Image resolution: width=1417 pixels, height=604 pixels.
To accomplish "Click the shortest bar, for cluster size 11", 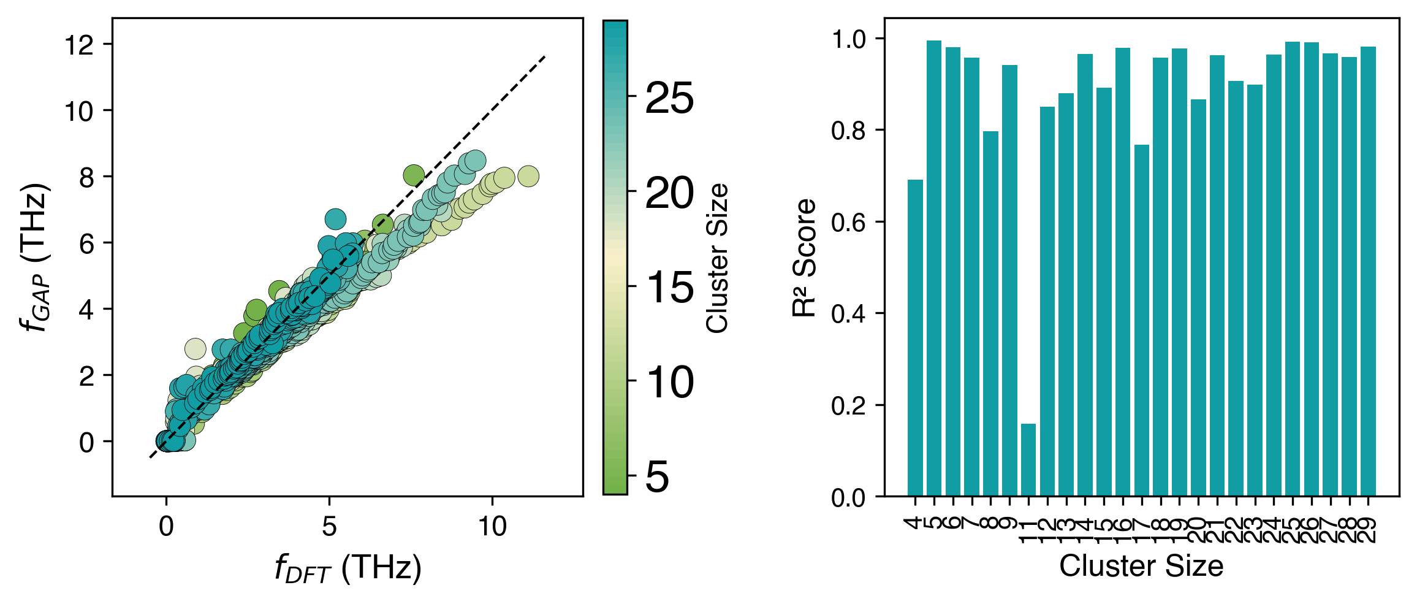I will point(1028,459).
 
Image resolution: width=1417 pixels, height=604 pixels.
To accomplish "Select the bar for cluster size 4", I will point(915,337).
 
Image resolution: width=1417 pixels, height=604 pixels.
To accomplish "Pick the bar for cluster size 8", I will point(990,313).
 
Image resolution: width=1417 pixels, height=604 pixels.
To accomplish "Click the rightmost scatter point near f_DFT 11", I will point(528,177).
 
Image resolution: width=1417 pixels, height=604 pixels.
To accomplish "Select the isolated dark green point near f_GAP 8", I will point(414,175).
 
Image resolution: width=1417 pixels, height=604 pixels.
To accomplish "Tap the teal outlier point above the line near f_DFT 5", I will point(335,218).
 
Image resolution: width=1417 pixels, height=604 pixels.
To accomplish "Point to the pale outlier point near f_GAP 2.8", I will point(195,349).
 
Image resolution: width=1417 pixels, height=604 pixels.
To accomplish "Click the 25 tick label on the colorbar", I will point(669,98).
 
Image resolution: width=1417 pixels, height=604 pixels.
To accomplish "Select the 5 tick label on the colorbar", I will point(657,477).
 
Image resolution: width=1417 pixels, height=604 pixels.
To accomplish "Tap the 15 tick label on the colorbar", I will point(669,287).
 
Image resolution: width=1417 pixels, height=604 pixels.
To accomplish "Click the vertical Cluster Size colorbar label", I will point(718,258).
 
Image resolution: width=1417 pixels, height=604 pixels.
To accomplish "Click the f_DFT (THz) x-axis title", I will point(348,568).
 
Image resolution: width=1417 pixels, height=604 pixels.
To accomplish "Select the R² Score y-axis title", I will point(805,258).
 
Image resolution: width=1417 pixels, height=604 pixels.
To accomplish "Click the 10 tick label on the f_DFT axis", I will point(492,527).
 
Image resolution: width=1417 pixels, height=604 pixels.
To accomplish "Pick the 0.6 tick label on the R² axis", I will point(848,222).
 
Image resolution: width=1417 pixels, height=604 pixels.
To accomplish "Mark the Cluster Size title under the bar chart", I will point(1141,566).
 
